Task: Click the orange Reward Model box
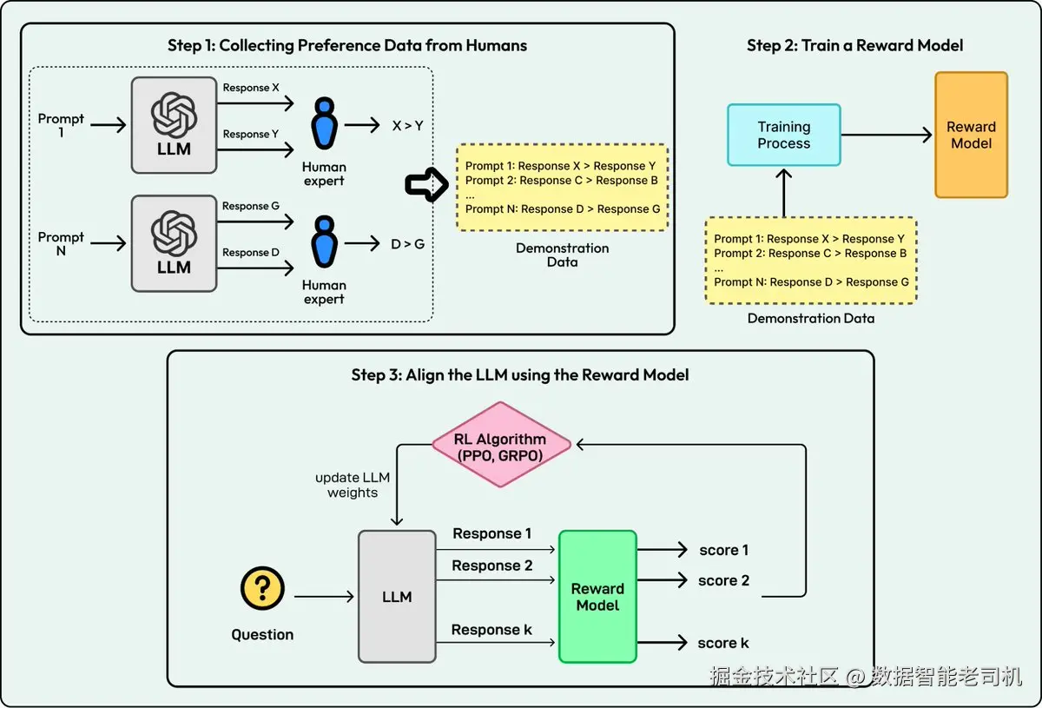971,135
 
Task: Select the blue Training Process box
783,135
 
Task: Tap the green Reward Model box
597,597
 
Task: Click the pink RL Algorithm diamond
501,444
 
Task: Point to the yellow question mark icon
262,589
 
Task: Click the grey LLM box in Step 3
397,597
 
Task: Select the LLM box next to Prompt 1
174,124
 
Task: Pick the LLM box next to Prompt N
174,242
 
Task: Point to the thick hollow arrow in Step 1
425,184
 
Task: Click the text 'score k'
723,643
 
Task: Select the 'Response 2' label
491,566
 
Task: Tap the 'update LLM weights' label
352,486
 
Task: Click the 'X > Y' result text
407,126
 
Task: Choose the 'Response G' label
250,207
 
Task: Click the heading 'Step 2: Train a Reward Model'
854,45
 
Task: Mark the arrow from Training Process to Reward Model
886,135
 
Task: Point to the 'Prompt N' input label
61,243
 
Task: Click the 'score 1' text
723,550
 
